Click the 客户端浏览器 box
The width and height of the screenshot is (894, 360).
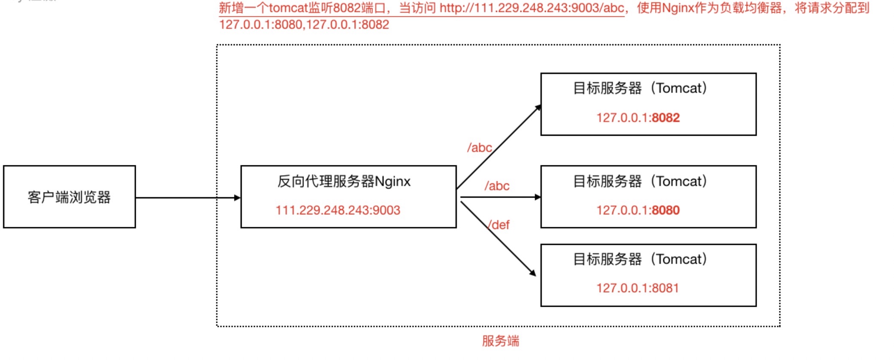[x=69, y=197]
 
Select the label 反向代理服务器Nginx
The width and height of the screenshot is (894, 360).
[x=344, y=181]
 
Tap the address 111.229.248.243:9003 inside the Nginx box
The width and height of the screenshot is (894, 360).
[x=338, y=210]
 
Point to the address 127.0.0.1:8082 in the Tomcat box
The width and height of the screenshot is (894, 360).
[x=638, y=118]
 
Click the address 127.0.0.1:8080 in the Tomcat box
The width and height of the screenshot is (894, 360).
[x=638, y=210]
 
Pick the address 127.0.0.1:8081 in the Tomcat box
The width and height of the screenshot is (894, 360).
[x=637, y=288]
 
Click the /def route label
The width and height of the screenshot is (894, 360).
[x=499, y=225]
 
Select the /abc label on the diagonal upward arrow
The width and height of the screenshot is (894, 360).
[x=479, y=148]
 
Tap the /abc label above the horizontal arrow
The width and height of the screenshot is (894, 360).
[x=497, y=186]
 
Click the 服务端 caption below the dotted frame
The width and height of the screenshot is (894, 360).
[x=500, y=341]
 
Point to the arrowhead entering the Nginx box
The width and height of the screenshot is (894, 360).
[x=237, y=198]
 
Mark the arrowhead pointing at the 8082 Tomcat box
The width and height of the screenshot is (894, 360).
[x=537, y=108]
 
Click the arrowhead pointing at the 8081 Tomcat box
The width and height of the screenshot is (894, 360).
[x=532, y=272]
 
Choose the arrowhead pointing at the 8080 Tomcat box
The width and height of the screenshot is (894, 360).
[x=537, y=197]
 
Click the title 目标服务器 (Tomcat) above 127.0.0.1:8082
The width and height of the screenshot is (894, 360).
[x=640, y=88]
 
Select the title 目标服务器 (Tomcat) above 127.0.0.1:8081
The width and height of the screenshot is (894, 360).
[x=640, y=259]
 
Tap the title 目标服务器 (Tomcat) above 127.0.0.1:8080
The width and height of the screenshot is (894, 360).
[x=640, y=181]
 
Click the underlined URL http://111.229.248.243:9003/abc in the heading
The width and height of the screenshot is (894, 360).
[x=532, y=8]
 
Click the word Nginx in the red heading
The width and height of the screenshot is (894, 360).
[x=678, y=8]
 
